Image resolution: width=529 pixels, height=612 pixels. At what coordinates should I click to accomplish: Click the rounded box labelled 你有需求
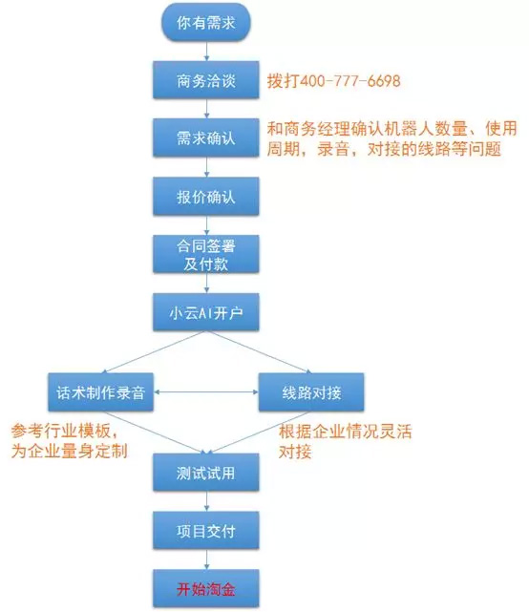coord(205,22)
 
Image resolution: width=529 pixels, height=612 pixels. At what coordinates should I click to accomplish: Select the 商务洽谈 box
coord(205,79)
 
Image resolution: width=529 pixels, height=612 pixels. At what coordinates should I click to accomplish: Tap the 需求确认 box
coord(205,137)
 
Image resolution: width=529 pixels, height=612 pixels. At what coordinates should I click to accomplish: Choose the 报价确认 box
coord(205,196)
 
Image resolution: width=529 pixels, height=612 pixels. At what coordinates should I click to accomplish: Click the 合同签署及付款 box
coord(205,254)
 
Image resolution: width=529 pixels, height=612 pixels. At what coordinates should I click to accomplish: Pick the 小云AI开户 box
coord(205,312)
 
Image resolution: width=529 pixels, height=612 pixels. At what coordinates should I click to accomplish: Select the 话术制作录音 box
coord(100,391)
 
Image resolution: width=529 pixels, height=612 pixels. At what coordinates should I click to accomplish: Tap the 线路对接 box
coord(311,391)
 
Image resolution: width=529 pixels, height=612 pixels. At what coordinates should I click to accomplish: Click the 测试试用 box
coord(205,473)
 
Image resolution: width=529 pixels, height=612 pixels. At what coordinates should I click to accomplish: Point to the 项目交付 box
coord(205,531)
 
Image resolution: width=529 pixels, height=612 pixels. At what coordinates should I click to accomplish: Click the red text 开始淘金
coord(205,589)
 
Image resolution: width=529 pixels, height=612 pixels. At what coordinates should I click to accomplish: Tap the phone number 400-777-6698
coord(350,81)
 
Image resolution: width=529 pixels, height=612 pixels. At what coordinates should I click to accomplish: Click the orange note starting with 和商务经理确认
coord(391,138)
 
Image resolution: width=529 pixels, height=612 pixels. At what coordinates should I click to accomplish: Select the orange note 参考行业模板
coord(69,441)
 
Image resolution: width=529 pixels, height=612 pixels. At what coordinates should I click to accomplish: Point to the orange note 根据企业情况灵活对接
coord(345,441)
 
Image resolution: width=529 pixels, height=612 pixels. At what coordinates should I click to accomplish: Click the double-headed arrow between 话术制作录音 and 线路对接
coord(206,391)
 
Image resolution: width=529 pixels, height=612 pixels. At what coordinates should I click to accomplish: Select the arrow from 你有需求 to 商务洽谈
coord(206,52)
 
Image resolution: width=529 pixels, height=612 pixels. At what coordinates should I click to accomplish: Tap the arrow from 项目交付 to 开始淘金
coord(206,559)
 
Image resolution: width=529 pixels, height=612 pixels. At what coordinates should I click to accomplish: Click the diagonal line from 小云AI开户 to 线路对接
coord(259,352)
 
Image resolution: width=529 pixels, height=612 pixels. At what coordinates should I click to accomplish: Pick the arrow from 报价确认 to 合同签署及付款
coord(206,225)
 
